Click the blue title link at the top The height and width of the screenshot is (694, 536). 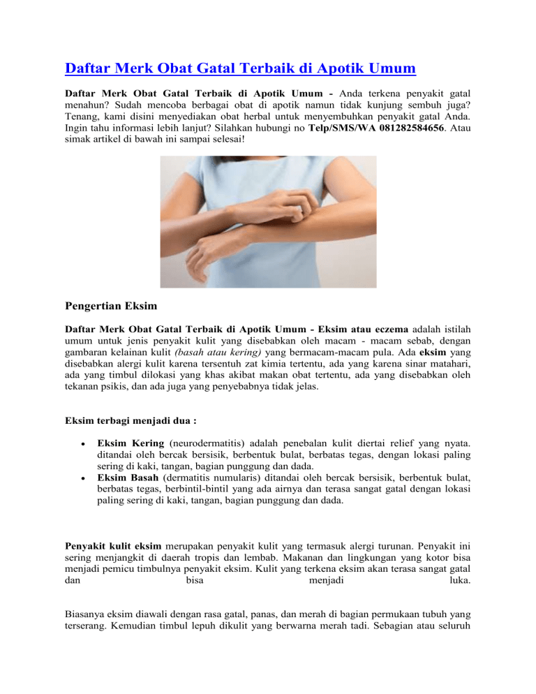[x=241, y=69]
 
